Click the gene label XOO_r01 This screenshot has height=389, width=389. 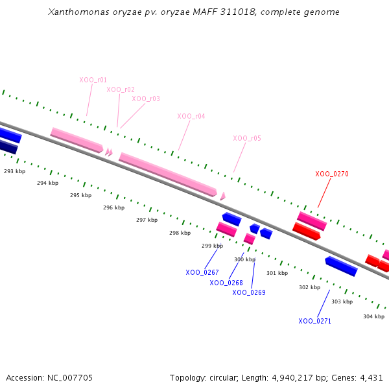93,80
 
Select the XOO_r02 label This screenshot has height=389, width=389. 121,89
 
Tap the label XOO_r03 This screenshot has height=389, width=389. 146,99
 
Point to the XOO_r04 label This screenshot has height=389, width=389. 191,116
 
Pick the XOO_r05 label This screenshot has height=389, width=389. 247,138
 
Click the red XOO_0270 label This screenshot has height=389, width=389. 332,174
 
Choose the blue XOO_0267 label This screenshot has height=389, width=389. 202,272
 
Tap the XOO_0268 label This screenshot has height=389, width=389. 226,283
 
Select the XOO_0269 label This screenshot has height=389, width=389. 249,292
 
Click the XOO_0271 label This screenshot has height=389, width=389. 315,321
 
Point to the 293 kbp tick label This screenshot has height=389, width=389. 14,171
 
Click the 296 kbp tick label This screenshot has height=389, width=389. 113,207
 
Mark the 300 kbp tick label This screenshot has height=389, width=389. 244,259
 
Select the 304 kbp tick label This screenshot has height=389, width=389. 373,316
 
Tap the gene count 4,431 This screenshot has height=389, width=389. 371,377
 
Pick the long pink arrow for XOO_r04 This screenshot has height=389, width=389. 167,174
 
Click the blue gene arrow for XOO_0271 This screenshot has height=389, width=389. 341,266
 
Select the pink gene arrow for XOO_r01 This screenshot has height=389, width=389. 77,139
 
